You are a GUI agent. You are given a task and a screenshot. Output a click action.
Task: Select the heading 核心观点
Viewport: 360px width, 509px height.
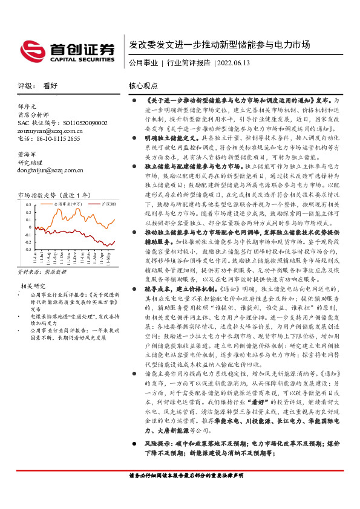pyautogui.click(x=143, y=86)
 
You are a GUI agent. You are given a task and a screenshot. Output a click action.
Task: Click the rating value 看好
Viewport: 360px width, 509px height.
pyautogui.click(x=50, y=86)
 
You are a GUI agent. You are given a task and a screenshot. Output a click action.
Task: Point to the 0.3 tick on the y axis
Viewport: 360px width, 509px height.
pyautogui.click(x=27, y=206)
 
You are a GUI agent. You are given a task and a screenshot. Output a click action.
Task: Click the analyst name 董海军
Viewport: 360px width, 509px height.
pyautogui.click(x=27, y=155)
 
